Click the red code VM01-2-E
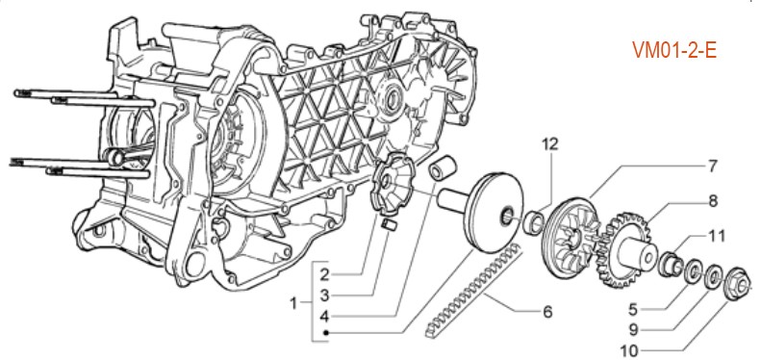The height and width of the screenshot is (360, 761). [x=674, y=50]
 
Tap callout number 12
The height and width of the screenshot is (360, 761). [x=550, y=143]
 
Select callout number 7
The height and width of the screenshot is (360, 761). [x=712, y=167]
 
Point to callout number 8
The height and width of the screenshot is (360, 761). [x=713, y=200]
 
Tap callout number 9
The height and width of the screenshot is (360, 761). [x=633, y=329]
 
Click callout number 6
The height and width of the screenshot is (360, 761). [x=547, y=312]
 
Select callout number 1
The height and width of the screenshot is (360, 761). [x=292, y=303]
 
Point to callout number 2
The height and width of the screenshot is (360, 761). [x=324, y=274]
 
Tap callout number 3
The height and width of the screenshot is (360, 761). [x=324, y=295]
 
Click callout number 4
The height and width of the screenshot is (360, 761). [x=324, y=317]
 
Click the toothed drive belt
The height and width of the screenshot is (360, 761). [x=472, y=291]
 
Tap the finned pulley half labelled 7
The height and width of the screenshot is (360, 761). [x=569, y=238]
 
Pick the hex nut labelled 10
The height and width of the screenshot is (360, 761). [x=737, y=285]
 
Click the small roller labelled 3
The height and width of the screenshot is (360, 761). [x=390, y=225]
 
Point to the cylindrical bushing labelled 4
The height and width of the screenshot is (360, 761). [x=443, y=168]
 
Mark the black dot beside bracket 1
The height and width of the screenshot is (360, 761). [x=327, y=333]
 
